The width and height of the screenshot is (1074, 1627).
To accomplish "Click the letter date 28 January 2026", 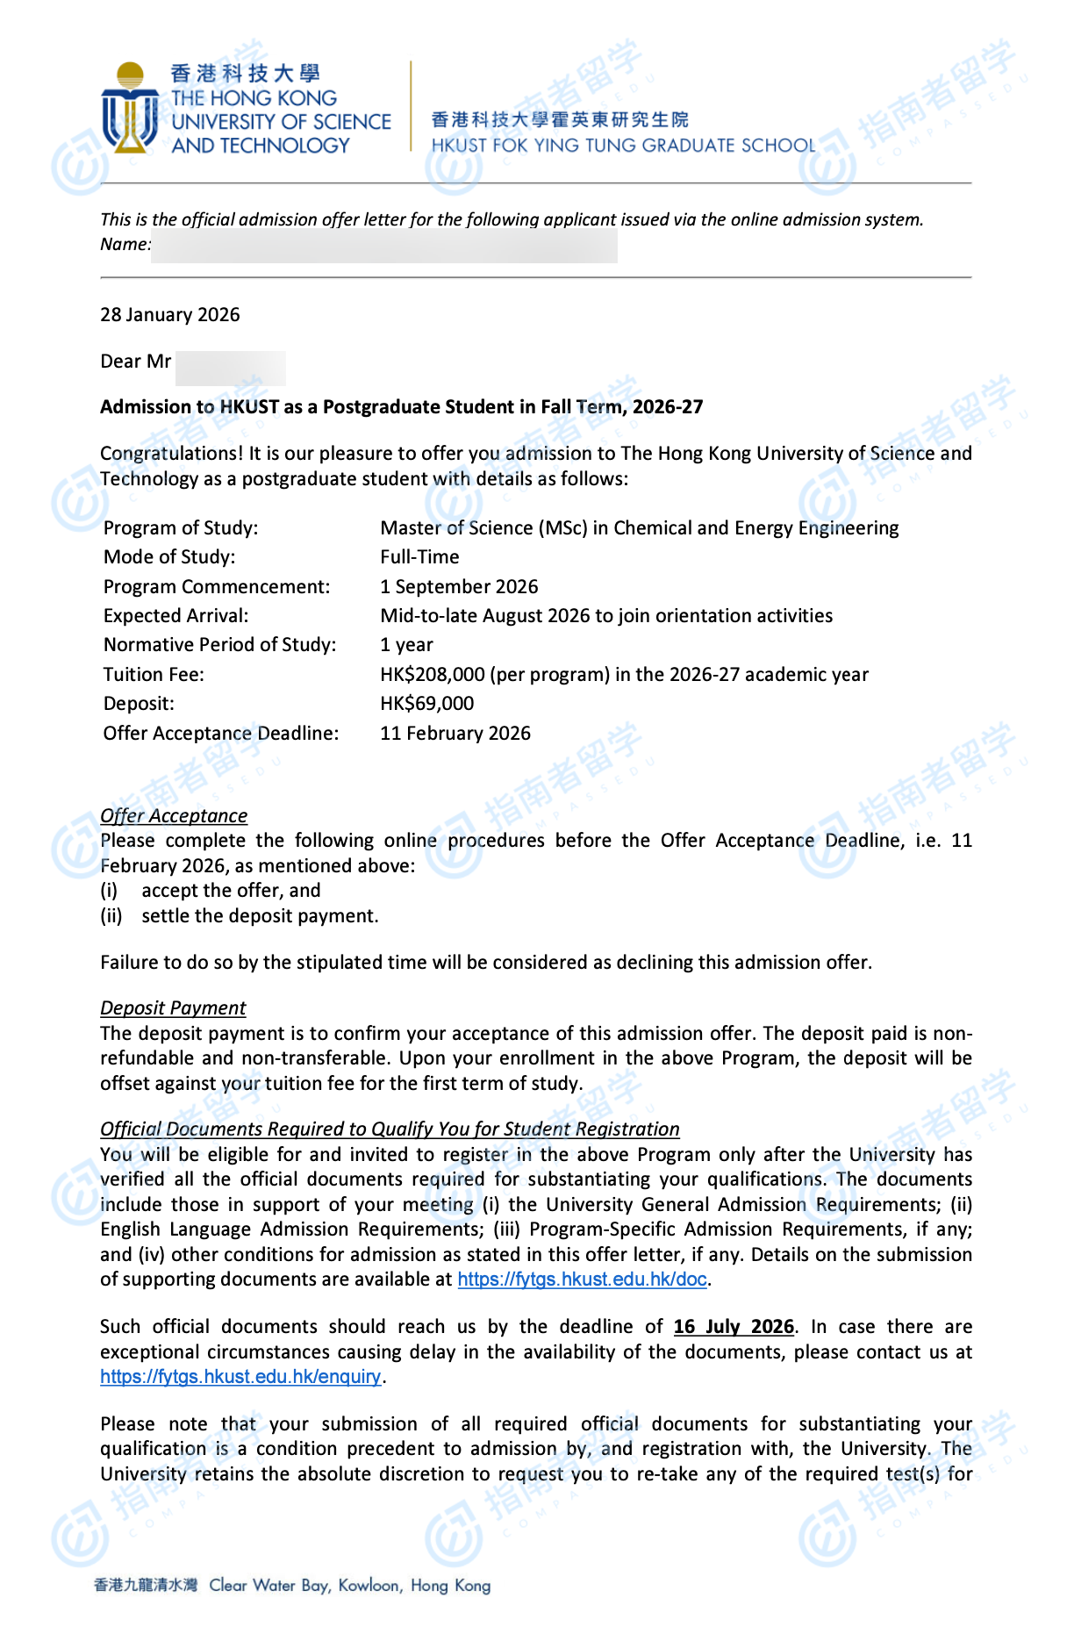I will click(169, 315).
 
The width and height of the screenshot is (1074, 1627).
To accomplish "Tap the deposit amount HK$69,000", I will click(426, 704).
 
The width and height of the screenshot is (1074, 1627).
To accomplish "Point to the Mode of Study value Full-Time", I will click(419, 557).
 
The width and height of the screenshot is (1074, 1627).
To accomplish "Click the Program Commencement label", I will click(217, 587).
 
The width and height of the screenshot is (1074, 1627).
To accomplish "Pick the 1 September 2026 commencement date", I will click(459, 587).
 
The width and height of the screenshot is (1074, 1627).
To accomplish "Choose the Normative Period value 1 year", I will click(406, 645).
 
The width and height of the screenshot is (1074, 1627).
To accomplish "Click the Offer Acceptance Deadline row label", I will click(221, 734).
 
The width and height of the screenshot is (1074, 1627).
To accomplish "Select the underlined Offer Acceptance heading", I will click(174, 816).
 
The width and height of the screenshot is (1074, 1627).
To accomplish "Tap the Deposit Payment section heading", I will click(173, 1008).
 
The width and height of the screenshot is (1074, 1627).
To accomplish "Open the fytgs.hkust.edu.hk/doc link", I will click(582, 1279).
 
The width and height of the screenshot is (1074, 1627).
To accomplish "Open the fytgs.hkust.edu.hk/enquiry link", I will click(240, 1377).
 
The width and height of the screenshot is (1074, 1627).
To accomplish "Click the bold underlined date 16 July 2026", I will click(734, 1327).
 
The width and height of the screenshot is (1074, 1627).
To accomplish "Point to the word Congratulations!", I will click(171, 454).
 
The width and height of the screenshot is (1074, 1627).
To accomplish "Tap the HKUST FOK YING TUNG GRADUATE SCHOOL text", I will click(623, 146).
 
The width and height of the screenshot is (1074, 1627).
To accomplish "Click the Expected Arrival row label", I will click(175, 616).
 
